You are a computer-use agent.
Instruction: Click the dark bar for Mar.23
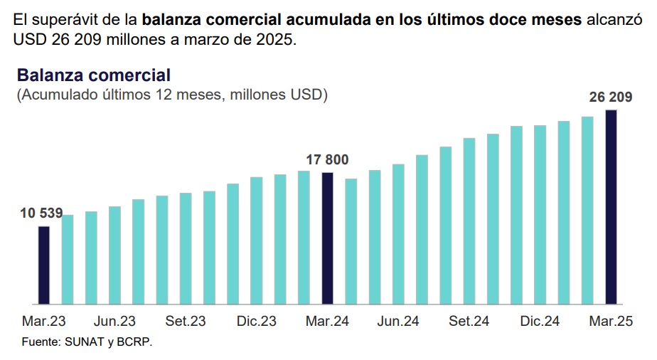[x=43, y=265]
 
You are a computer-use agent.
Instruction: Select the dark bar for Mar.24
[x=327, y=238]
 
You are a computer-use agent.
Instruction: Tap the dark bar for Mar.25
[x=611, y=207]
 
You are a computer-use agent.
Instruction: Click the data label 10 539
[x=41, y=213]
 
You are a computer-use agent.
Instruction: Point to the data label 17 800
[x=327, y=159]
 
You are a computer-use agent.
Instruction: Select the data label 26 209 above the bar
[x=611, y=97]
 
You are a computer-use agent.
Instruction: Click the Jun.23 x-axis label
[x=114, y=321]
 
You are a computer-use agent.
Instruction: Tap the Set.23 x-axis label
[x=186, y=321]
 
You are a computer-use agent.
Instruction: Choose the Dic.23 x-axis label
[x=257, y=321]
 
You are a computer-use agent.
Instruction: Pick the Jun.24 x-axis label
[x=398, y=321]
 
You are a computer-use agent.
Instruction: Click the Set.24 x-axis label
[x=469, y=321]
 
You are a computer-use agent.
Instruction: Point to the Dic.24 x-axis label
[x=540, y=321]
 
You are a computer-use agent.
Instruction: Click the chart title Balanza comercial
[x=94, y=75]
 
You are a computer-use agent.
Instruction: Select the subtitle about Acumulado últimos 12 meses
[x=172, y=95]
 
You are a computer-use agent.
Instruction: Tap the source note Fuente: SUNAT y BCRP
[x=87, y=342]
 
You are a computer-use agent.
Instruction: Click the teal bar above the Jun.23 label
[x=114, y=255]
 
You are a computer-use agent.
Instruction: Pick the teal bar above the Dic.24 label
[x=540, y=215]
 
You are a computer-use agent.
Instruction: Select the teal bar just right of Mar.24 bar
[x=351, y=241]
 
